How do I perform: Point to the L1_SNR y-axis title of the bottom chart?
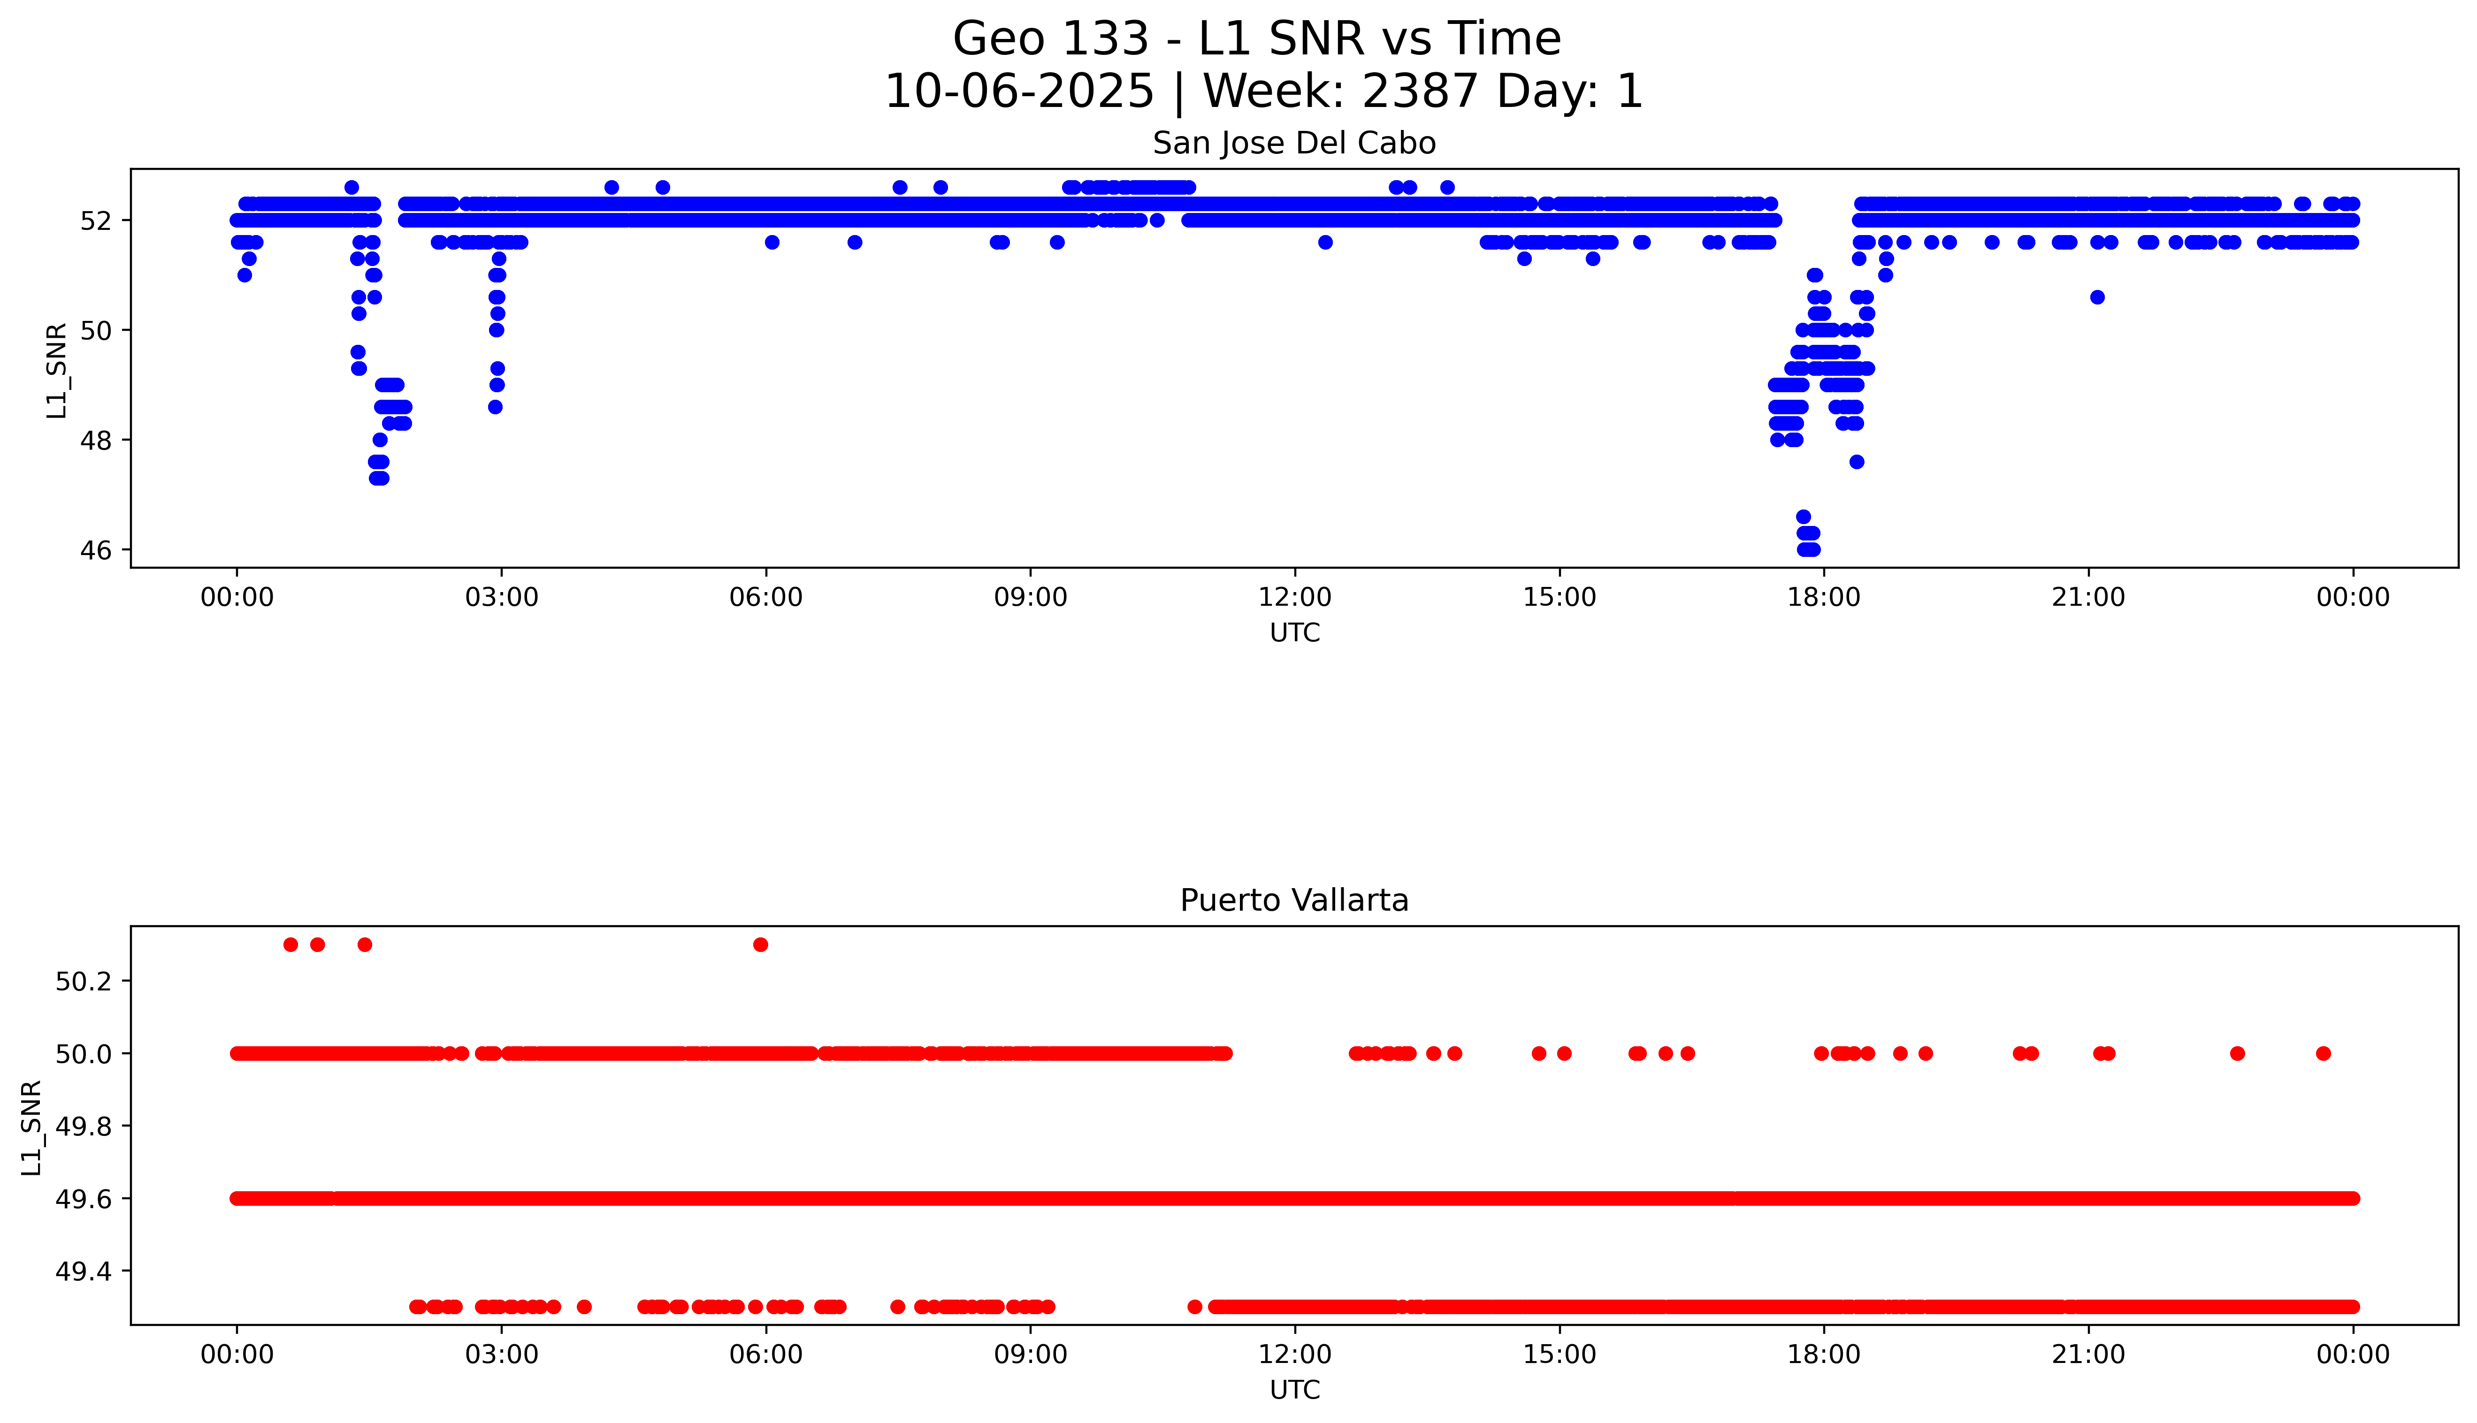pos(32,1127)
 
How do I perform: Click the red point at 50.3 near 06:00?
pos(760,944)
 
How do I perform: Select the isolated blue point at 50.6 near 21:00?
pos(2097,297)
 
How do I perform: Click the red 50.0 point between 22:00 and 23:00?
pos(2238,1054)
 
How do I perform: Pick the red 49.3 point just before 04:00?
pos(585,1307)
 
